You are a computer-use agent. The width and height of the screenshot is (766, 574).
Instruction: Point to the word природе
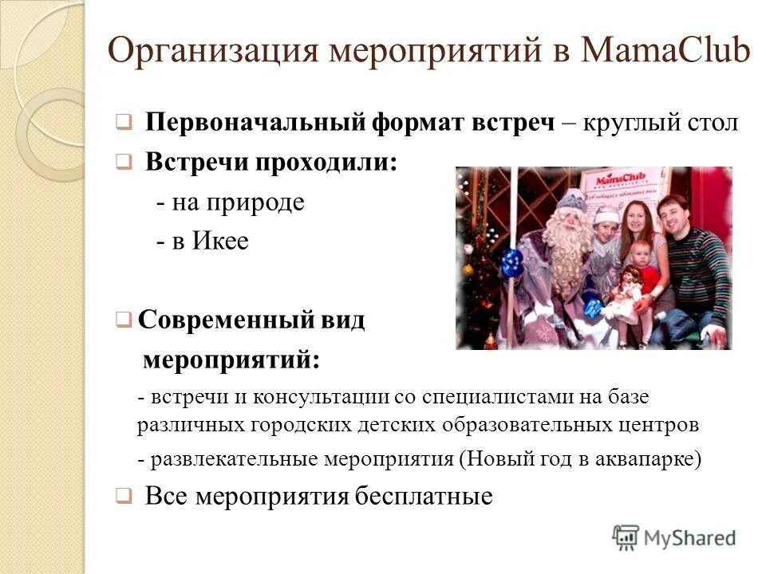(x=257, y=202)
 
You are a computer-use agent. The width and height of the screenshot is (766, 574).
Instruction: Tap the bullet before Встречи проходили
(x=123, y=163)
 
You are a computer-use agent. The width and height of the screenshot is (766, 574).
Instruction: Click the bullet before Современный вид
(x=123, y=320)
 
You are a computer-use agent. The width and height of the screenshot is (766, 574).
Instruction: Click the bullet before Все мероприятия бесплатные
(x=123, y=497)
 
